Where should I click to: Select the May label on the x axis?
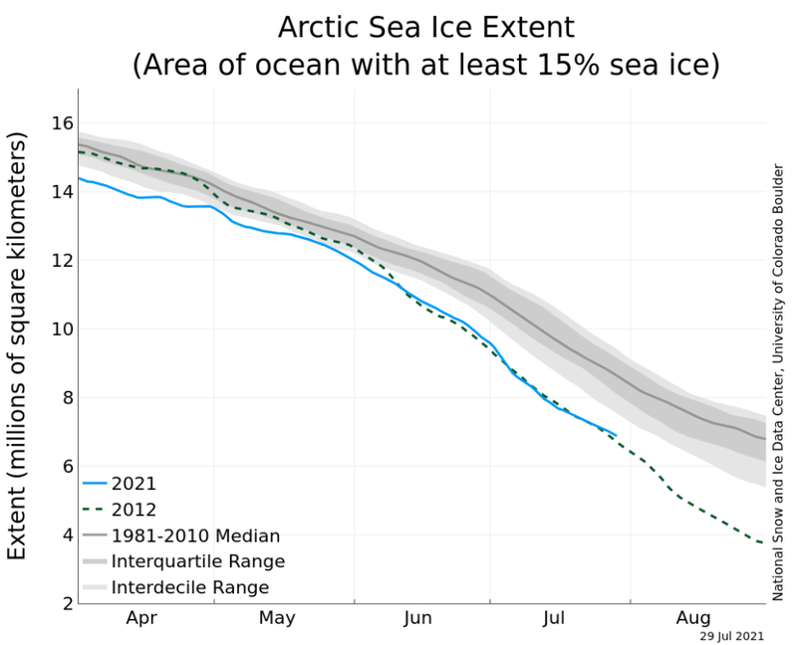(x=276, y=618)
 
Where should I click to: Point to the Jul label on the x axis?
(x=555, y=618)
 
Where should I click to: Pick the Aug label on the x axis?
(x=694, y=618)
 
